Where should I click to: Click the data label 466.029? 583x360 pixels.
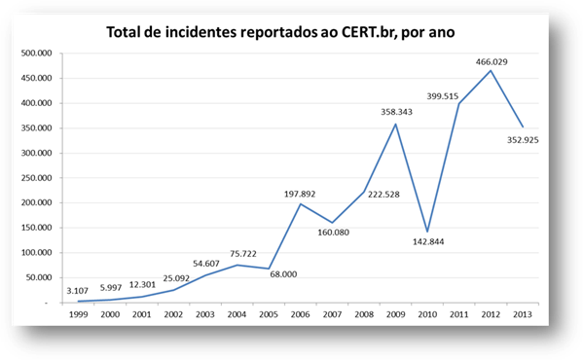coord(491,61)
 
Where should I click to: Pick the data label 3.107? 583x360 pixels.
coord(76,291)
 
